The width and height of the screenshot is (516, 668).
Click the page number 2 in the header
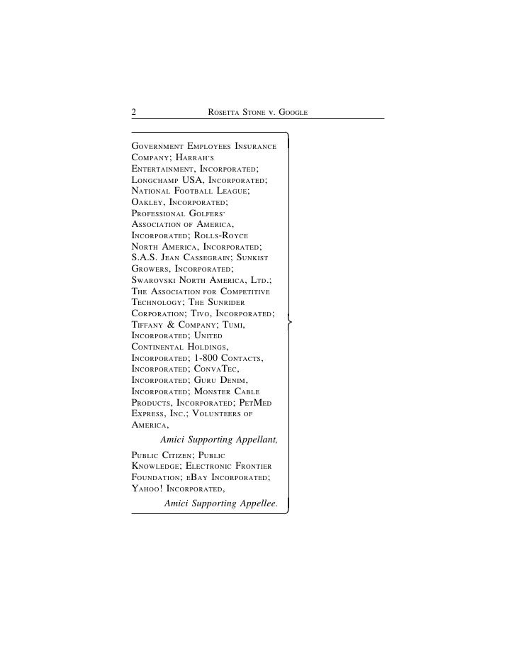click(x=133, y=111)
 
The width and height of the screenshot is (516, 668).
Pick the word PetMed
click(x=252, y=403)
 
